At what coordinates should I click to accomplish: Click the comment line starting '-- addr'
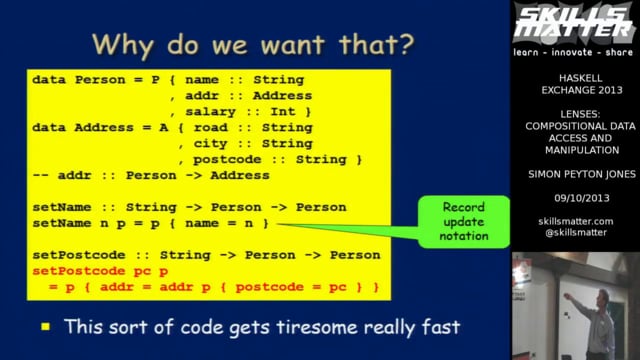(150, 175)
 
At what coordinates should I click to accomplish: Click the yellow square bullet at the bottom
(46, 326)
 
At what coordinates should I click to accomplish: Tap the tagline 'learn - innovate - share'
(575, 49)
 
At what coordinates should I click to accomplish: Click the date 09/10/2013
(575, 197)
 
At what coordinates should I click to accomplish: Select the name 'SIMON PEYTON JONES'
(575, 173)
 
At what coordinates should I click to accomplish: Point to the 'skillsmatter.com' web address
(575, 220)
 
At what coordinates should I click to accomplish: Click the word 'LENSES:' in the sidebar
(575, 115)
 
